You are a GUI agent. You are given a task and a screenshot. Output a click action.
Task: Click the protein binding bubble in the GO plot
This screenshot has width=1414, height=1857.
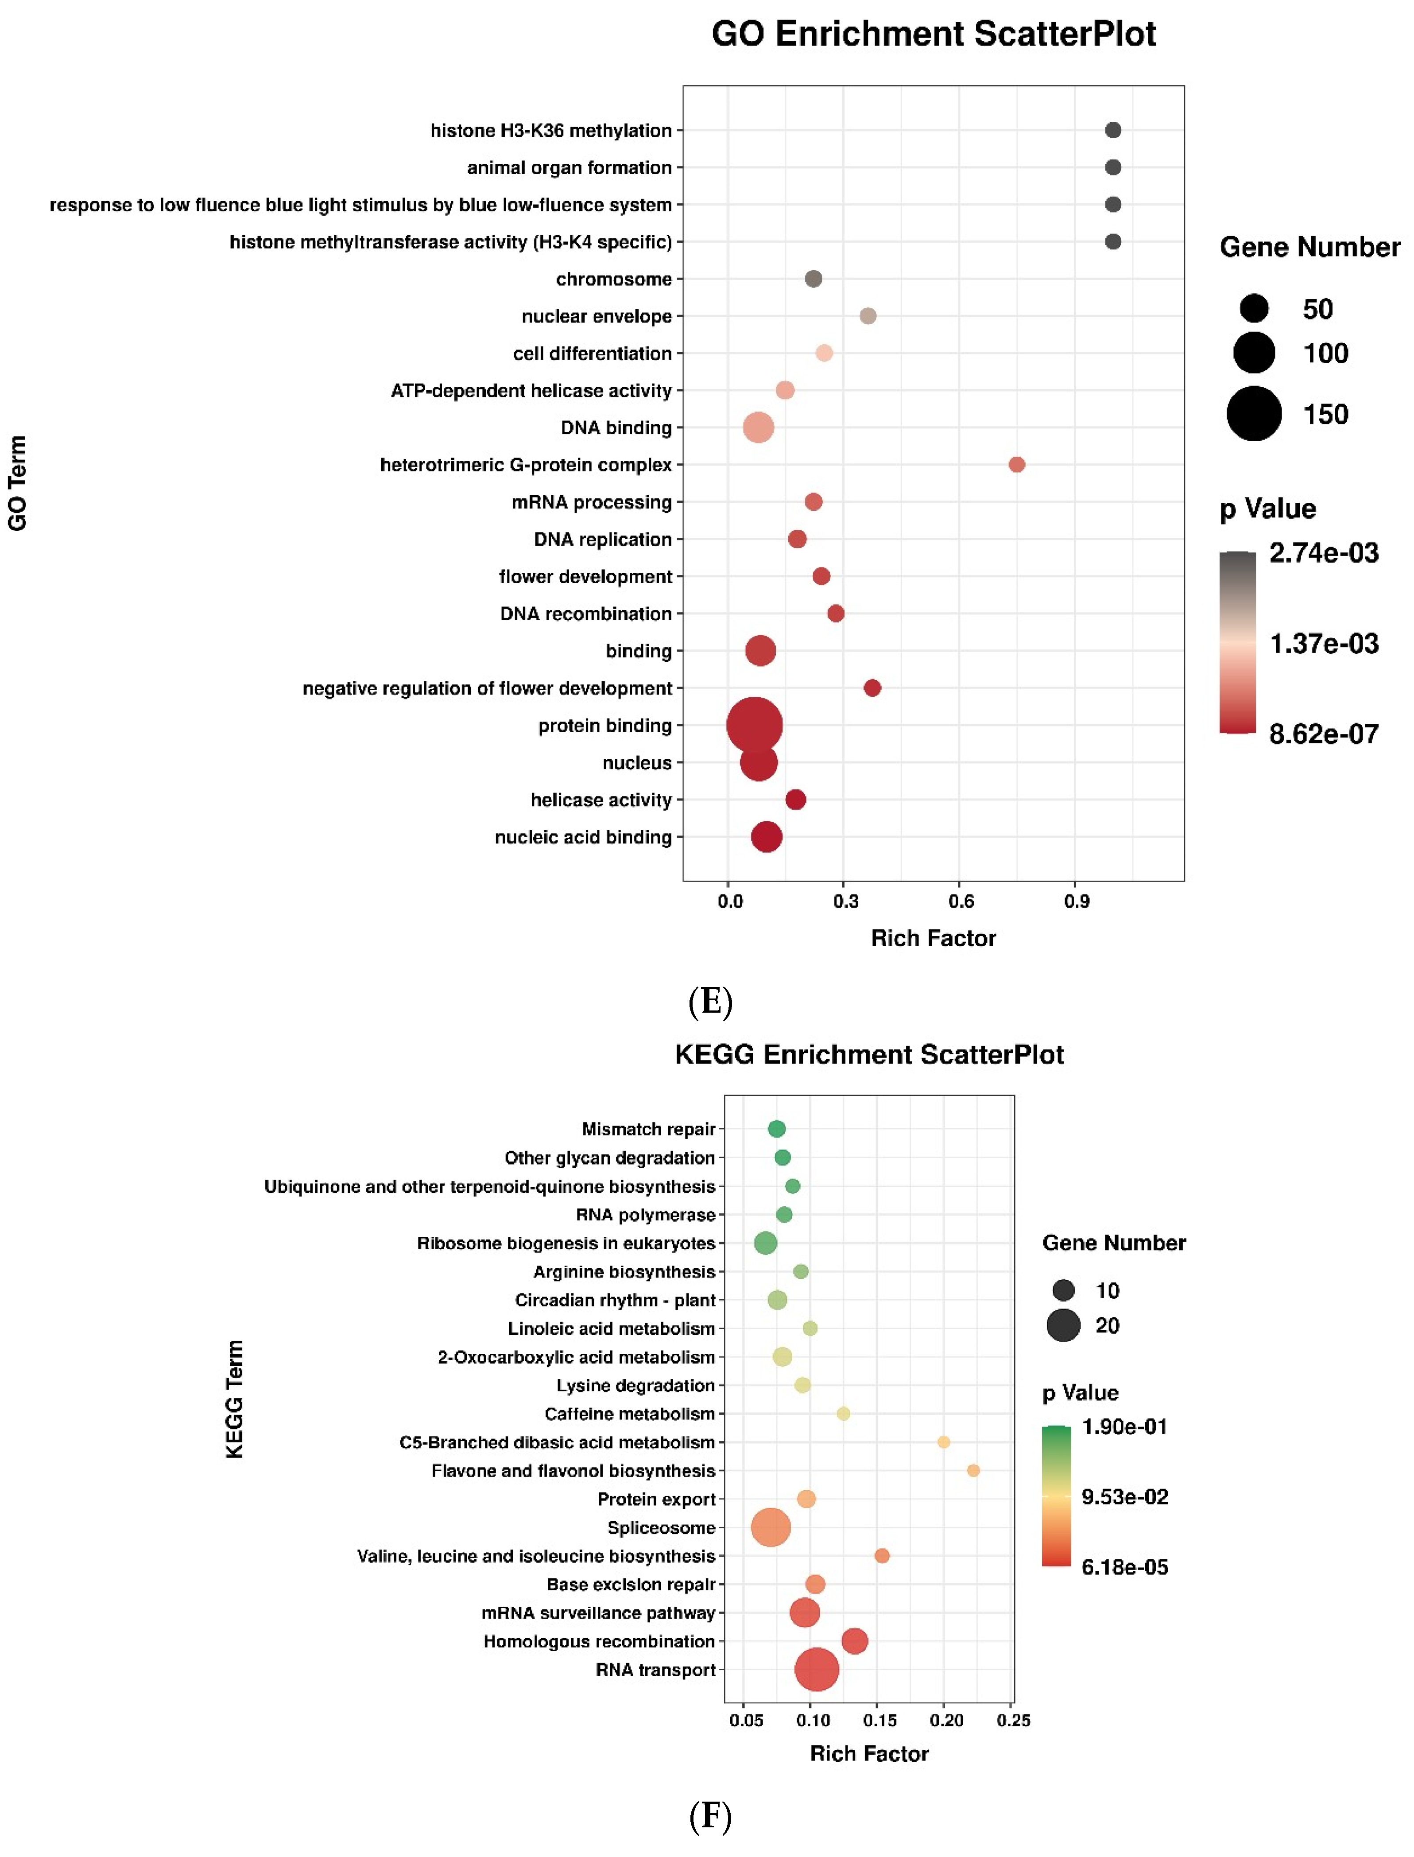click(x=754, y=725)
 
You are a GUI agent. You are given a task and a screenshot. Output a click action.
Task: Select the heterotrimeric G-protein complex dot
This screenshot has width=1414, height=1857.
click(x=1017, y=465)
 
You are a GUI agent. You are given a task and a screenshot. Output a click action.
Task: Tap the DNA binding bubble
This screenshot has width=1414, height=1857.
click(x=758, y=427)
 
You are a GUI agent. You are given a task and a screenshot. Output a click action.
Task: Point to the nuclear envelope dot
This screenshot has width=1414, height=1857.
click(x=868, y=316)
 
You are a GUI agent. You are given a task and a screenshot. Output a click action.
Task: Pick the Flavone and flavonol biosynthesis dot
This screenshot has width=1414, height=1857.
click(x=973, y=1471)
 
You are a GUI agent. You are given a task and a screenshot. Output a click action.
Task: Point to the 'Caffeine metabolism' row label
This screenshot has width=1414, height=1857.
click(x=630, y=1414)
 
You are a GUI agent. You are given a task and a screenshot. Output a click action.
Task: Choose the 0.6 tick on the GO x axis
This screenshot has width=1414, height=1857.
click(x=961, y=901)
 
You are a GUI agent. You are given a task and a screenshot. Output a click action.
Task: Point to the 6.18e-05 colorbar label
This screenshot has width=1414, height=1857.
click(x=1124, y=1567)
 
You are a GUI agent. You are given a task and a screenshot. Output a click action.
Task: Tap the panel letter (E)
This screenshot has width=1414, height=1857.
click(x=710, y=1002)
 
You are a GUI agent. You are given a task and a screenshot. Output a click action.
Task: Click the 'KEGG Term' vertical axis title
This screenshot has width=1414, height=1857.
click(x=235, y=1399)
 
